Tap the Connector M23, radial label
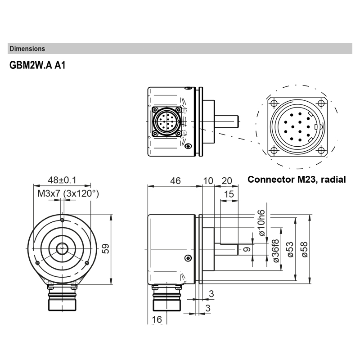coord(297,180)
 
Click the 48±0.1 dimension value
coord(62,180)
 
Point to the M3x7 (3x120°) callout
coord(68,193)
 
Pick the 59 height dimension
coord(105,248)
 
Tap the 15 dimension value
coord(229,194)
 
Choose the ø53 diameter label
coord(290,248)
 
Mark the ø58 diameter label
coord(304,248)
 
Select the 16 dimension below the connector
coord(157,319)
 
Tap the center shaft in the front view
coord(62,248)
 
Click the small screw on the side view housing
coord(188,257)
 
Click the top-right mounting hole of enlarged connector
coord(320,104)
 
